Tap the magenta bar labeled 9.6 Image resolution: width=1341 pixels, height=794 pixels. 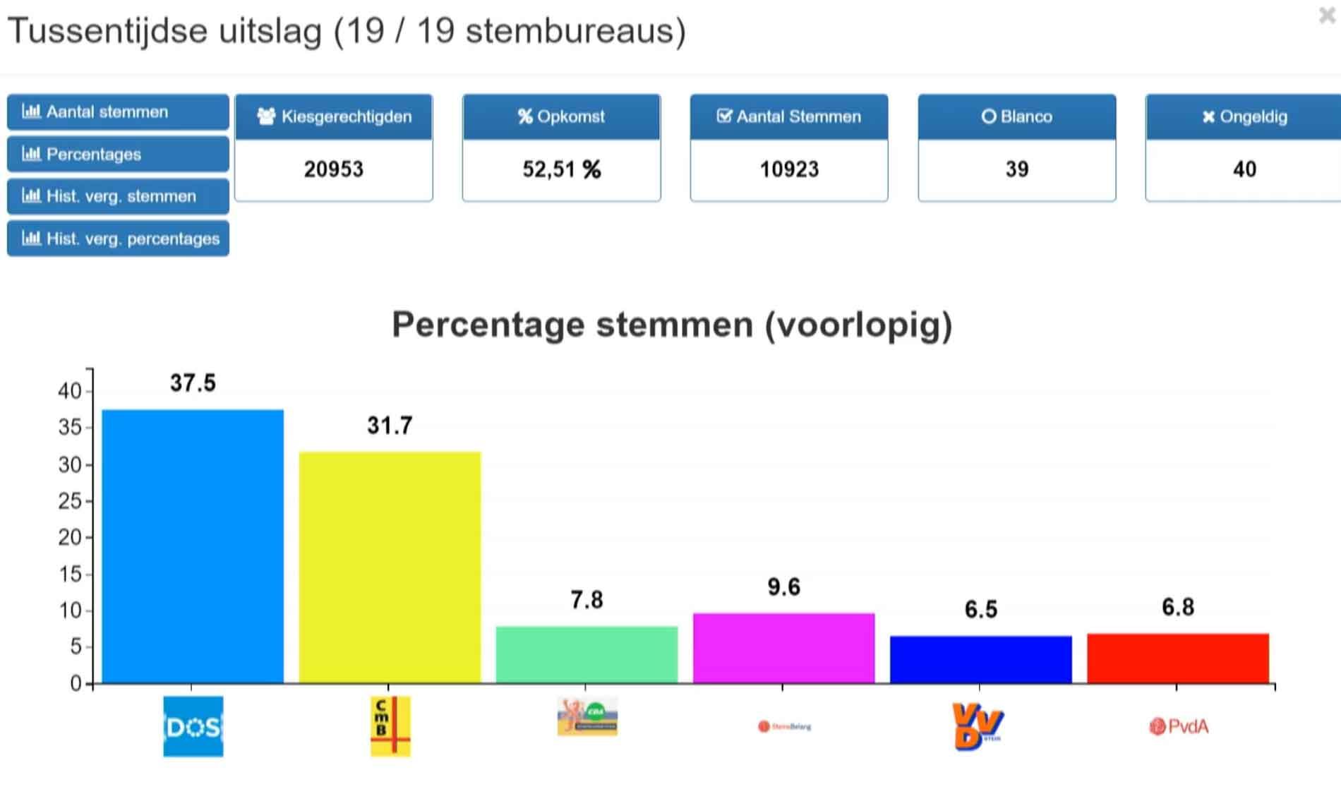coord(783,648)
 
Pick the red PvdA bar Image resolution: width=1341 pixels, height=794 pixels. coord(1177,658)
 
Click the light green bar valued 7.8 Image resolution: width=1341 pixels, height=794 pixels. coord(587,654)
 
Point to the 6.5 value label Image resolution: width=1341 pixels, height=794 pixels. coord(980,609)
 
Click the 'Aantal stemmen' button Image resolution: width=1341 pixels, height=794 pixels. coord(118,112)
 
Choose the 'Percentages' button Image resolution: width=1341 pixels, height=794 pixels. coord(118,154)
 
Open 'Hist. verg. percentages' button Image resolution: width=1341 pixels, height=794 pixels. coord(118,239)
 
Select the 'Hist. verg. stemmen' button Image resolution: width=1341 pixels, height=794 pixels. coord(118,196)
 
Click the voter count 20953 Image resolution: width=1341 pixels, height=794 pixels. coord(333,169)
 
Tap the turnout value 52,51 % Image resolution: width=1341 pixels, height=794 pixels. coord(561,169)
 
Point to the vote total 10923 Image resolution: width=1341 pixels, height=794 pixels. coord(789,169)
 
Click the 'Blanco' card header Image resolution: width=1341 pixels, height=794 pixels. coord(1016,116)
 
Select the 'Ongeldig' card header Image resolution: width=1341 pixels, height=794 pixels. coord(1244,116)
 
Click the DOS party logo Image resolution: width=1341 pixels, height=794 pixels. coord(193,726)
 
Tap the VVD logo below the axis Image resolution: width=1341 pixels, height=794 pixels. coord(978,726)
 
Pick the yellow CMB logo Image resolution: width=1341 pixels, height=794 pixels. coord(390,726)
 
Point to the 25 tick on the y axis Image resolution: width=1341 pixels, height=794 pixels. coord(70,501)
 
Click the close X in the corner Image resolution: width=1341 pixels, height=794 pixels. coord(1326,16)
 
